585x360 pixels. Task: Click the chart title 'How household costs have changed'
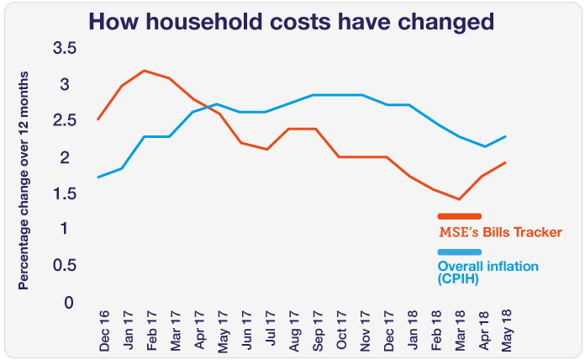[292, 21]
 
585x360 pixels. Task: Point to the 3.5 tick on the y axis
[64, 50]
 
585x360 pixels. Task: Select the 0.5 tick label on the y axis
[64, 266]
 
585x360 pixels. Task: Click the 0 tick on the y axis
[70, 302]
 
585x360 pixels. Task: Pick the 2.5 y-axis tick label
[64, 122]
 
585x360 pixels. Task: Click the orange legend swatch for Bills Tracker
[459, 217]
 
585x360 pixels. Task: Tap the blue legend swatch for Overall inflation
[459, 252]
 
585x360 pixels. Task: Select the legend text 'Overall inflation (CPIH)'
[487, 273]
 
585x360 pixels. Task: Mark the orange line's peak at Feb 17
[145, 71]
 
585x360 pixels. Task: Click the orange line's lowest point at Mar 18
[459, 199]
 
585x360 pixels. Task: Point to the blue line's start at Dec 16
[98, 177]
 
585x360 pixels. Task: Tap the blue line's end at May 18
[505, 136]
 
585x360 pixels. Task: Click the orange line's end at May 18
[505, 162]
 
